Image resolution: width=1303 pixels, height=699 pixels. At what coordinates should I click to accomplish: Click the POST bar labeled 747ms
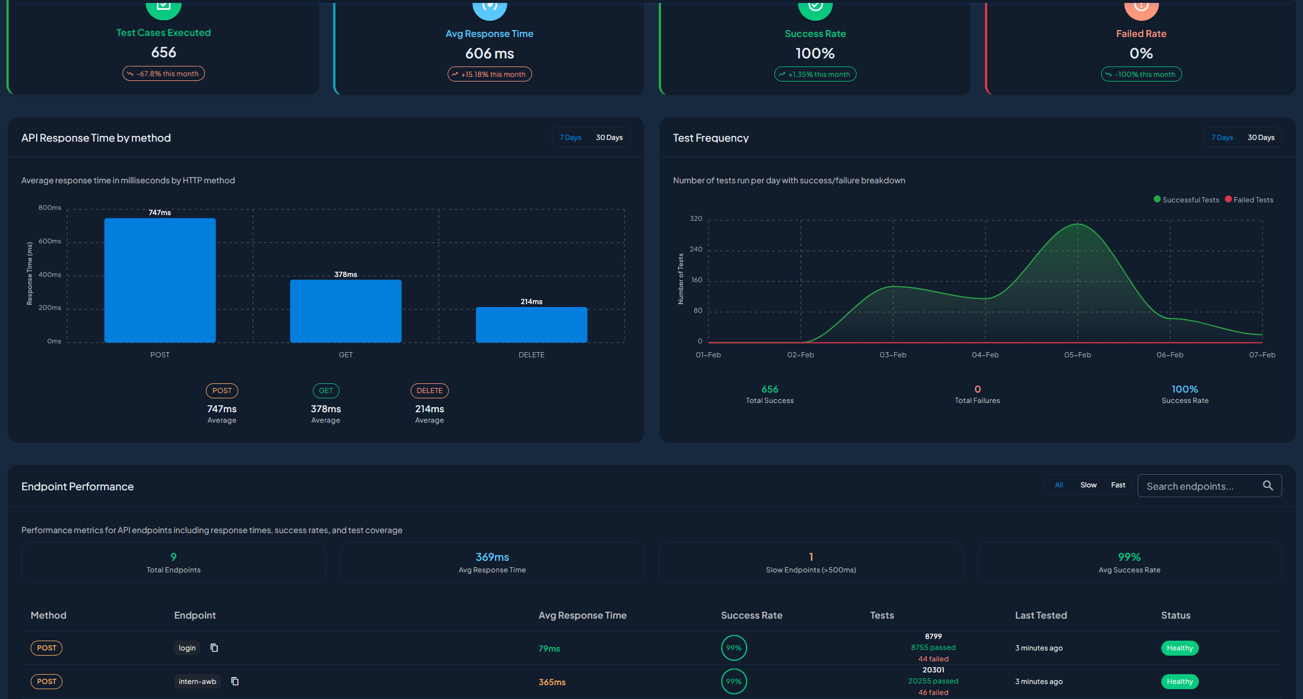(x=160, y=280)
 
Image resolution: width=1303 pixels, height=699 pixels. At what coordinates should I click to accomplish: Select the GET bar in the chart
(x=345, y=311)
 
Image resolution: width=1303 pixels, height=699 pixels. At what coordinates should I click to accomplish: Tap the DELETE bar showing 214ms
(x=531, y=324)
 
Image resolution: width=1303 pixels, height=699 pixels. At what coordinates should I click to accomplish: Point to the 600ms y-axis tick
(x=50, y=241)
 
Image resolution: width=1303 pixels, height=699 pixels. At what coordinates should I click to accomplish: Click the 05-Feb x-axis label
(x=1077, y=354)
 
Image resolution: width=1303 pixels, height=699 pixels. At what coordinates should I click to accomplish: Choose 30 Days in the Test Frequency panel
(x=1261, y=138)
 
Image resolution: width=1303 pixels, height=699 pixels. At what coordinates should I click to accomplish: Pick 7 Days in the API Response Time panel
(x=570, y=138)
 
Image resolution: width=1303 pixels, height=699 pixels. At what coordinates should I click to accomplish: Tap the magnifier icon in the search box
(x=1268, y=486)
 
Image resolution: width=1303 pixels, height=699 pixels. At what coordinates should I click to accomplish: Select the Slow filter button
(x=1088, y=485)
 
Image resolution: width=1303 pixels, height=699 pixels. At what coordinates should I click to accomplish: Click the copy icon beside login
(x=214, y=648)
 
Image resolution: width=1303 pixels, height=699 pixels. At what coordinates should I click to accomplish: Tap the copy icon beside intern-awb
(x=235, y=681)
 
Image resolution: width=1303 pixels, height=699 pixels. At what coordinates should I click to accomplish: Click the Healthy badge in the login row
(x=1179, y=648)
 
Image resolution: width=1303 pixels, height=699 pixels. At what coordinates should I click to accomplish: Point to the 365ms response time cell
(x=552, y=682)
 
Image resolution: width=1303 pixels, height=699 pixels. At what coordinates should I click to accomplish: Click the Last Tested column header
(x=1040, y=615)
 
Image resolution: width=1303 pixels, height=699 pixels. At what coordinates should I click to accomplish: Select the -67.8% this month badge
(x=163, y=73)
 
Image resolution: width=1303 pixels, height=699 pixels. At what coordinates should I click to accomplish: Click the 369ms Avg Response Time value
(x=492, y=557)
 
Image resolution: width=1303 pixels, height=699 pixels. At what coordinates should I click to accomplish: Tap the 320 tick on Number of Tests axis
(x=696, y=219)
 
